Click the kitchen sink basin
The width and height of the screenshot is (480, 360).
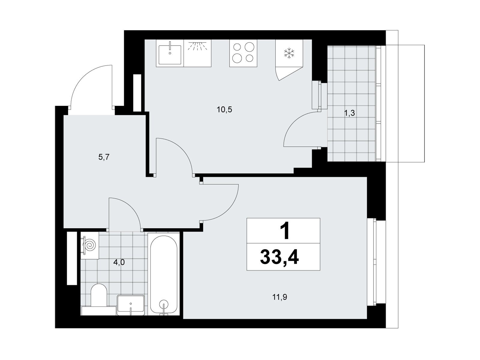point(170,55)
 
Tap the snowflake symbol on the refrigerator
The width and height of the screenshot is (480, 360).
point(289,53)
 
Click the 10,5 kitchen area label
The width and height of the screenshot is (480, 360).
point(224,109)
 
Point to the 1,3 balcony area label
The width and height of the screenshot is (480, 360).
point(349,113)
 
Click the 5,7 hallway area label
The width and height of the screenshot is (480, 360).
point(104,157)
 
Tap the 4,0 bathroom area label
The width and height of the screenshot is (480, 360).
point(119,262)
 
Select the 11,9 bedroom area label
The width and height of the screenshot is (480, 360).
point(280,297)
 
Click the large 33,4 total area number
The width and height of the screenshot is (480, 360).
point(279,258)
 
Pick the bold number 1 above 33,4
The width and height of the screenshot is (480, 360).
point(284,231)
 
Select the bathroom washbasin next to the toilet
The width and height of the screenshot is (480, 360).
point(130,305)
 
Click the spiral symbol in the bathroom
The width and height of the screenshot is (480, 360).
point(90,245)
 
